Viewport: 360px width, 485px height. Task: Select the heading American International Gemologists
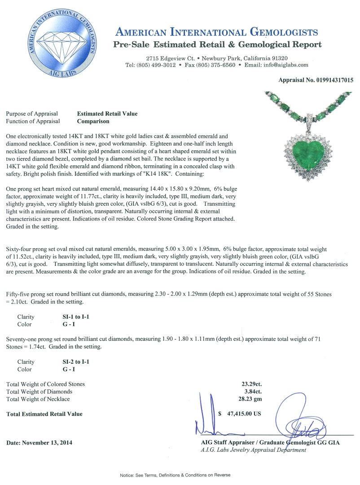(217, 32)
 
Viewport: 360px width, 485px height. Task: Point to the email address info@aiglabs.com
(286, 65)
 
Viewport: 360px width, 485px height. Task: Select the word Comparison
(93, 121)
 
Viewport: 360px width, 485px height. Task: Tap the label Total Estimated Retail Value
(44, 414)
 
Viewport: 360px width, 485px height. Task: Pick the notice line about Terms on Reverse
(175, 475)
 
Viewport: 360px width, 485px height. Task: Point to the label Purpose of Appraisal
(32, 114)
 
